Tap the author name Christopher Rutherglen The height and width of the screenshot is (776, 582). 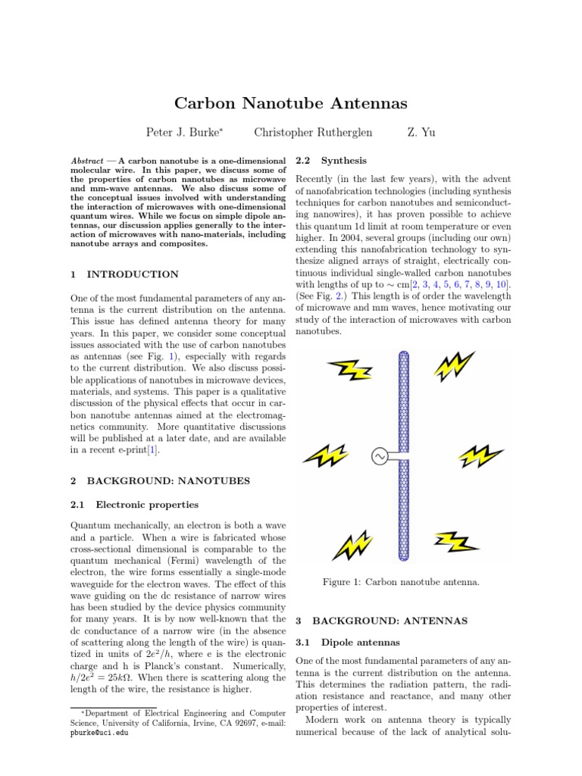point(313,133)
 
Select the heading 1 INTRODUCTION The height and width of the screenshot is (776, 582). point(124,274)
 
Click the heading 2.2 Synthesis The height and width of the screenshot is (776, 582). point(331,161)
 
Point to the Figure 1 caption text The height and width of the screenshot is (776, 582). point(401,582)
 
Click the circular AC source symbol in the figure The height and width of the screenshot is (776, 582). point(379,455)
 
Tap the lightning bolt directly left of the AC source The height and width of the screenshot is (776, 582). point(326,455)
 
